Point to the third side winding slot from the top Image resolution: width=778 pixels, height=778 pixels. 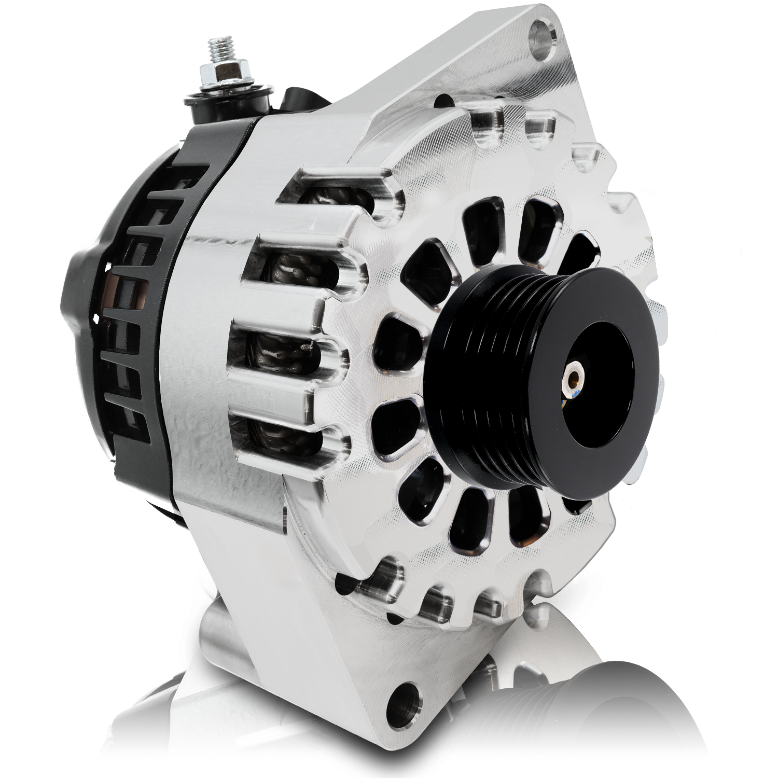(x=283, y=353)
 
